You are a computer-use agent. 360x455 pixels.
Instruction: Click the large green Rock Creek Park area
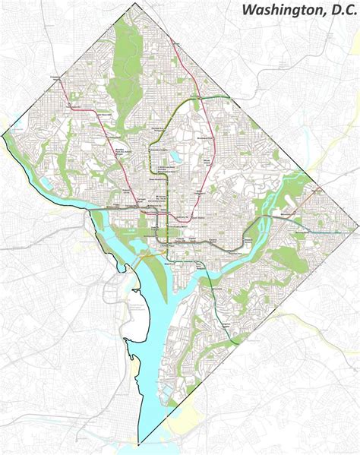pos(122,84)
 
